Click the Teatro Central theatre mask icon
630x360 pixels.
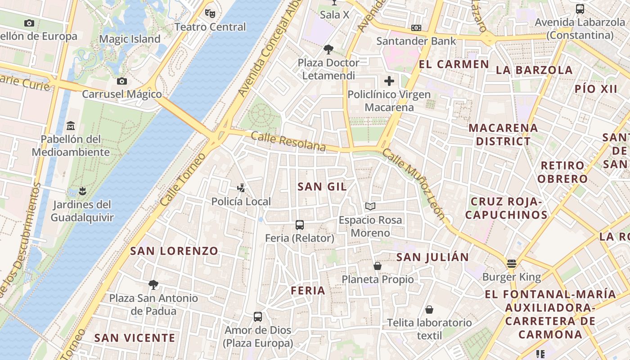click(210, 13)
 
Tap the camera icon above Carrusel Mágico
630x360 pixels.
click(121, 81)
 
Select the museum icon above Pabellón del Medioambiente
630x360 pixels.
click(71, 126)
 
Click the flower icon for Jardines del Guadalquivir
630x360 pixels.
click(82, 191)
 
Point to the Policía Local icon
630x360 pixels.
click(241, 188)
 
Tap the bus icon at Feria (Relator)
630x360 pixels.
click(300, 225)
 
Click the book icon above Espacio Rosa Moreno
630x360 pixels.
click(370, 207)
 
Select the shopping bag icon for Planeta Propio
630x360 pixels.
click(378, 266)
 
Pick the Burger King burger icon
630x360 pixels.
click(512, 263)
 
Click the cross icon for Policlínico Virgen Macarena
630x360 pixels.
click(389, 81)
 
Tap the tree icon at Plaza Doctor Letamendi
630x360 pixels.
click(328, 49)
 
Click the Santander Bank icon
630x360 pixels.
click(416, 28)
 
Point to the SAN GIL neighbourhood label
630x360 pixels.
click(323, 186)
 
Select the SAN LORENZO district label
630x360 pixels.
click(174, 251)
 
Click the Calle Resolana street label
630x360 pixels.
click(288, 141)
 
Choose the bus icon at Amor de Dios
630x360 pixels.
click(258, 317)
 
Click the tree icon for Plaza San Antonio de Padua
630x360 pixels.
click(153, 284)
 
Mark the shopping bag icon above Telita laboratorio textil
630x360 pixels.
click(429, 310)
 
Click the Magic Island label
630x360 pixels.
click(130, 39)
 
